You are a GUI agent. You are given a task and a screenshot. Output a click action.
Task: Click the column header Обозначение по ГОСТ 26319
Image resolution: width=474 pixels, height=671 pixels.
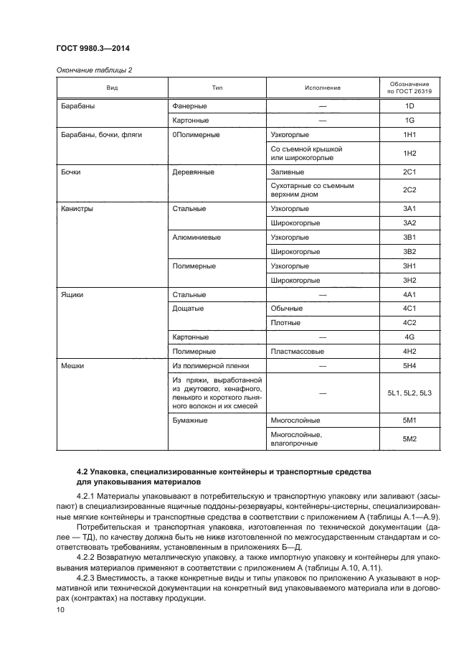[410, 88]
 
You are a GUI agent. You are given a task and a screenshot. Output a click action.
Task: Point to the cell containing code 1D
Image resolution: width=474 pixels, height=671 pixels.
[410, 106]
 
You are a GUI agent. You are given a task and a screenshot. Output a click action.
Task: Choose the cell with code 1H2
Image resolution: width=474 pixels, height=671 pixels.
[410, 154]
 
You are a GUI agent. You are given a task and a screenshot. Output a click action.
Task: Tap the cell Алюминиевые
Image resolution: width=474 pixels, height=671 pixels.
[196, 237]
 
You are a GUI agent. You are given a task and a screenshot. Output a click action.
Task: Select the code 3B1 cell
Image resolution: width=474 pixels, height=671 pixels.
[410, 237]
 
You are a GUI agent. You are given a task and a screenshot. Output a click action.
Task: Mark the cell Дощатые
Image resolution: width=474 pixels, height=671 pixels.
[189, 309]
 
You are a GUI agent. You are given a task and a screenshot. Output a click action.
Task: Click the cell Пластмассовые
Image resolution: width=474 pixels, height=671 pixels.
[298, 352]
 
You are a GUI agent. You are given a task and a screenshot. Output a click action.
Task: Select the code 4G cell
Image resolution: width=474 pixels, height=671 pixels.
[410, 337]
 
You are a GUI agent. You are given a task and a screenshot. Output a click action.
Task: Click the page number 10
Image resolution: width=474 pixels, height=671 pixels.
[60, 610]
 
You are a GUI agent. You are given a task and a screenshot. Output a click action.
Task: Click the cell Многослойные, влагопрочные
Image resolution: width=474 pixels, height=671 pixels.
[296, 439]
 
